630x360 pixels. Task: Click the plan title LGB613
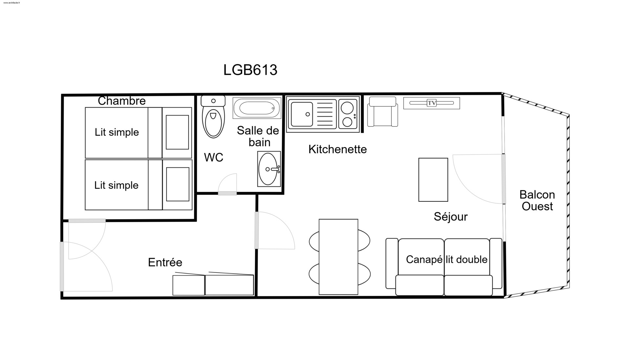click(x=250, y=70)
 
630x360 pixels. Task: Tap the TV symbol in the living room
click(x=432, y=103)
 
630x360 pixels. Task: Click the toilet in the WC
click(x=213, y=116)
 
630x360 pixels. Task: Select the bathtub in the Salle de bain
click(x=257, y=108)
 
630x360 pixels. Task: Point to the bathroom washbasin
click(x=269, y=169)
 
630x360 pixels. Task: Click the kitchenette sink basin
click(x=302, y=114)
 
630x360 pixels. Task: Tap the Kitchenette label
click(x=338, y=149)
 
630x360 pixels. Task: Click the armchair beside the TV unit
click(x=383, y=112)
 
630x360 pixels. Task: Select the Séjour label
click(x=451, y=217)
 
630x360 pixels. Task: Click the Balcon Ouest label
click(x=537, y=201)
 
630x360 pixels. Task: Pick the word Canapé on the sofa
click(x=424, y=260)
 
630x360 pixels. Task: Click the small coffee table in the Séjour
click(x=433, y=180)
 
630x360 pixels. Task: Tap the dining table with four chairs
click(x=339, y=257)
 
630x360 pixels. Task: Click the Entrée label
click(x=165, y=262)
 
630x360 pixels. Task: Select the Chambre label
click(x=122, y=101)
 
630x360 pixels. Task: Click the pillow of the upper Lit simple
click(x=177, y=132)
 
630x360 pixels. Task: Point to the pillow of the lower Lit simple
click(x=178, y=184)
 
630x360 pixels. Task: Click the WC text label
click(x=214, y=158)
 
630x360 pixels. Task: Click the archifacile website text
click(x=12, y=3)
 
